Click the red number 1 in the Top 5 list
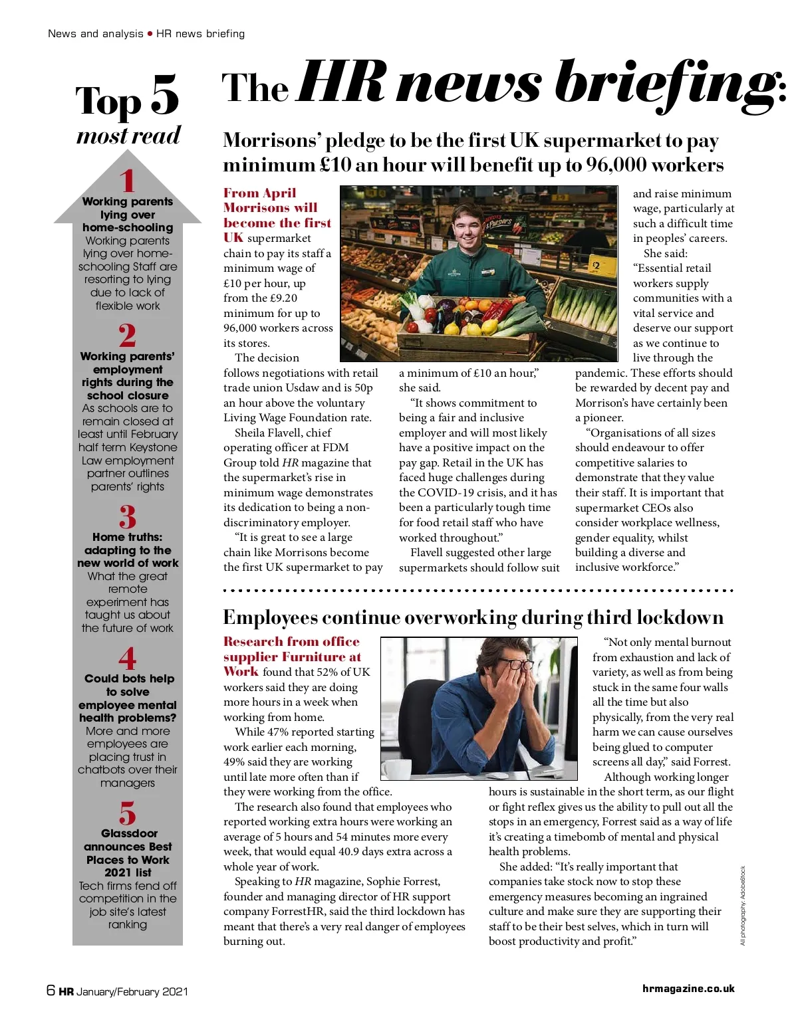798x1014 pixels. (x=128, y=181)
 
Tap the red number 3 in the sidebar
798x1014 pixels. (x=128, y=517)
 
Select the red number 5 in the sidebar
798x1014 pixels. (x=128, y=813)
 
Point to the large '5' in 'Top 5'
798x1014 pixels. (x=165, y=95)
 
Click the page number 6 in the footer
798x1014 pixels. (x=51, y=990)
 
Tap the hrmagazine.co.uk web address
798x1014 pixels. (x=688, y=989)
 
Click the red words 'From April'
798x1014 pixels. (x=259, y=193)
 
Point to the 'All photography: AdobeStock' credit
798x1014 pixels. (x=743, y=905)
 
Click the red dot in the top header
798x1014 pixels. (x=150, y=33)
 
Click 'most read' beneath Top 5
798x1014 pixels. (x=128, y=136)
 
